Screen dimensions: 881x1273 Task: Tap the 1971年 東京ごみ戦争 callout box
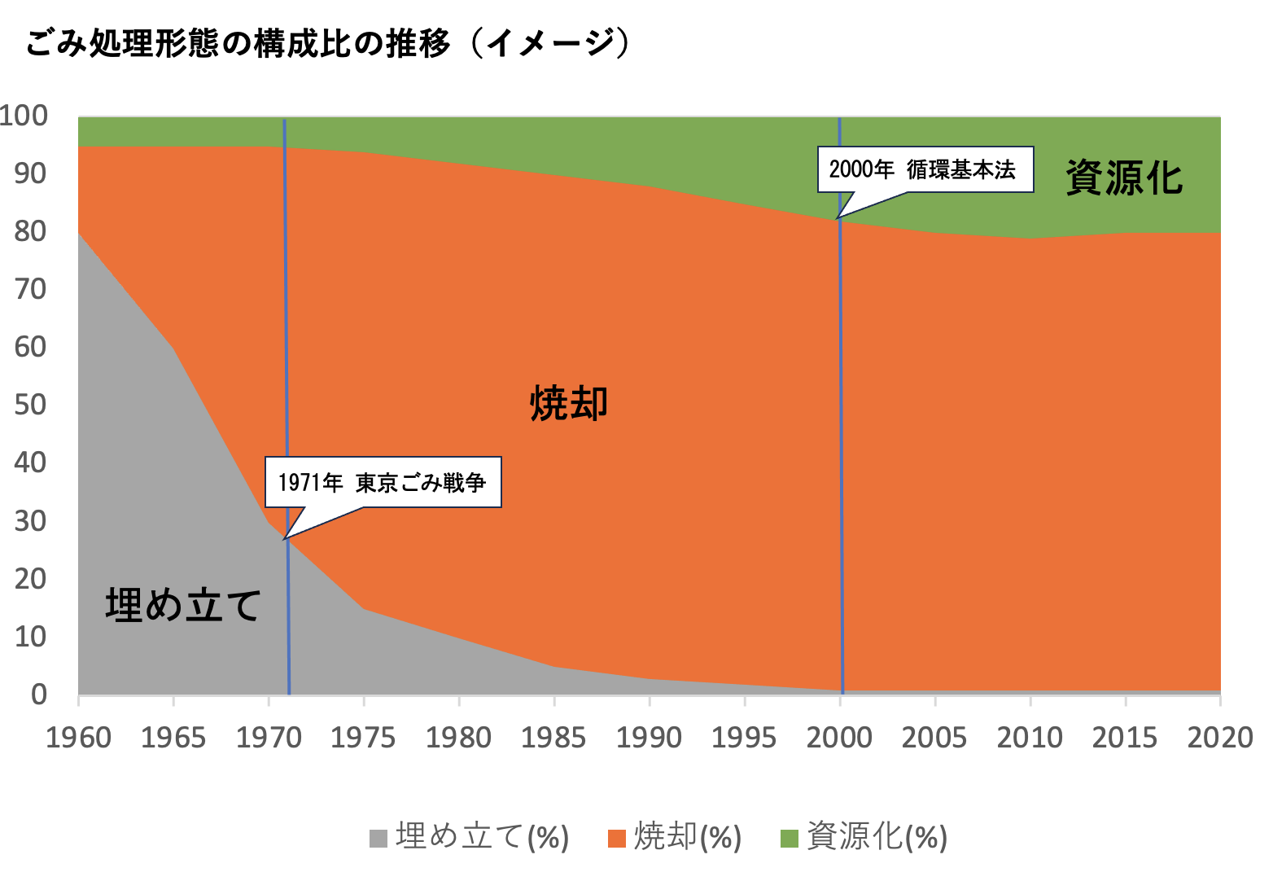pyautogui.click(x=383, y=483)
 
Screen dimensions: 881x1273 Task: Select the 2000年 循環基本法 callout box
pyautogui.click(x=925, y=169)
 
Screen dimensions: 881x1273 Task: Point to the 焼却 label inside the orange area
pyautogui.click(x=569, y=403)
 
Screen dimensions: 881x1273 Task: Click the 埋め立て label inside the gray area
pyautogui.click(x=183, y=605)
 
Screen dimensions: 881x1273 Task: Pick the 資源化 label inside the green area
pyautogui.click(x=1124, y=178)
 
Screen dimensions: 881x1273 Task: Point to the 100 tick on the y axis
pyautogui.click(x=24, y=116)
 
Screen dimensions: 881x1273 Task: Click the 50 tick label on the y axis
pyautogui.click(x=31, y=405)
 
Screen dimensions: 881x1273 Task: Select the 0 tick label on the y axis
pyautogui.click(x=39, y=695)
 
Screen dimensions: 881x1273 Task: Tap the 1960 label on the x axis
pyautogui.click(x=78, y=738)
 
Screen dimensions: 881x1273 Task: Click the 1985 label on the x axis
pyautogui.click(x=554, y=738)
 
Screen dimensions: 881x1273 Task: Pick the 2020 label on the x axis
pyautogui.click(x=1220, y=738)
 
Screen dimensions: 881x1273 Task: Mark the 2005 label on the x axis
pyautogui.click(x=934, y=738)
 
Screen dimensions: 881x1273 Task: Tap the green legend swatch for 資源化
pyautogui.click(x=789, y=838)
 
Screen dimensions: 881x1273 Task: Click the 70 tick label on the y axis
pyautogui.click(x=31, y=289)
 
